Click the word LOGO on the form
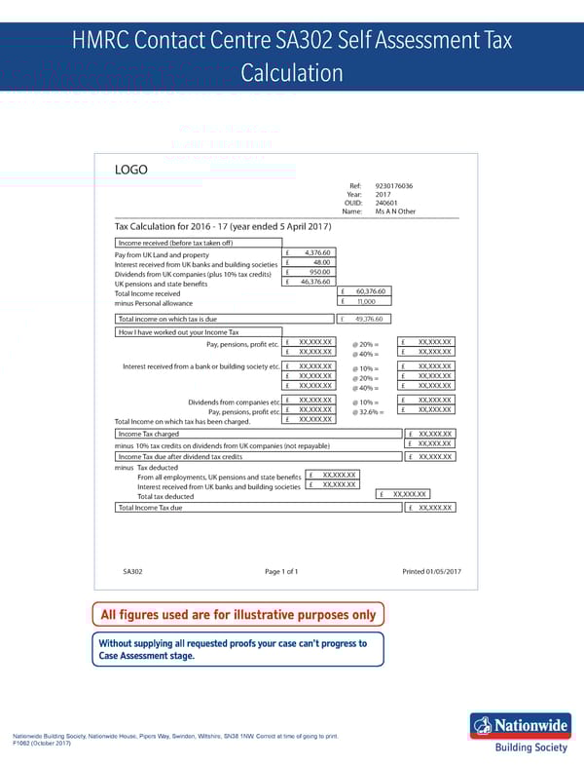(x=131, y=170)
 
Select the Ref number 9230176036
(x=393, y=185)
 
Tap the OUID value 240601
(x=387, y=203)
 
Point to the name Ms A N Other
(x=395, y=211)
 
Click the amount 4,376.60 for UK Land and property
(x=317, y=253)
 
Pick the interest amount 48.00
(x=322, y=262)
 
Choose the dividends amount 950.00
(x=319, y=272)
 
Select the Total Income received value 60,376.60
(x=372, y=291)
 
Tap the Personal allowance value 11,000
(x=366, y=301)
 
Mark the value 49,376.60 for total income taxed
(x=370, y=319)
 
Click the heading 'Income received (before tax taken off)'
(x=174, y=243)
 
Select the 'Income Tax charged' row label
(x=148, y=434)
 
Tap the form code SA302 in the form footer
(x=132, y=571)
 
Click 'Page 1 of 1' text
(x=281, y=571)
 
